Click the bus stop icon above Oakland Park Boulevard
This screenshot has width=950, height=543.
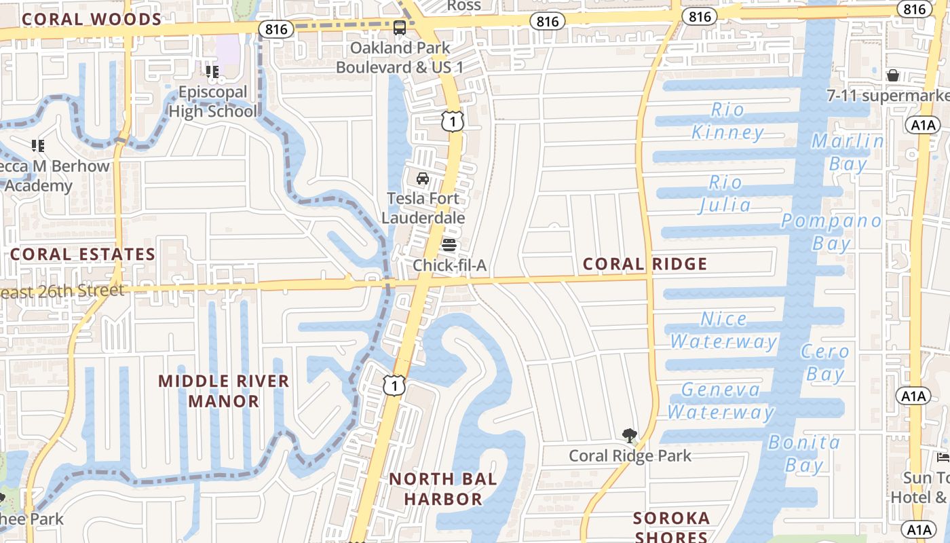coord(400,28)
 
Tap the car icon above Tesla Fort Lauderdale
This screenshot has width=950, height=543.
coord(422,179)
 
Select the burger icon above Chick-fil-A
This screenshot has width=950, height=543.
coord(449,245)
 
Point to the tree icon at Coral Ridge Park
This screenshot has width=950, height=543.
coord(630,435)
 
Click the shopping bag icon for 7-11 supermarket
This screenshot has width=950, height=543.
coord(893,75)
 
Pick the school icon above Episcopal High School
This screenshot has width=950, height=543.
coord(212,71)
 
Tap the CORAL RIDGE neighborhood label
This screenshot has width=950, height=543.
coord(645,264)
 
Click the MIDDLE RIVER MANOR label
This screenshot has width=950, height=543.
coord(224,391)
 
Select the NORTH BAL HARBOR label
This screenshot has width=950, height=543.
coord(442,489)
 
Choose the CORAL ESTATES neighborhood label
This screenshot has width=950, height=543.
coord(83,255)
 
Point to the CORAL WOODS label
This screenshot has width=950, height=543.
coord(91,19)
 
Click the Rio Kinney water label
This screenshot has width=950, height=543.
coord(727,121)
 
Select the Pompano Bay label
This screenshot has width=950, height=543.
coord(831,232)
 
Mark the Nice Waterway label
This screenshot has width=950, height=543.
coord(723,330)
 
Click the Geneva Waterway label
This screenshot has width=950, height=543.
coord(721,400)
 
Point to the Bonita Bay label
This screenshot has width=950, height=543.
coord(804,453)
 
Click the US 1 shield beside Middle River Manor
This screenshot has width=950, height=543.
coord(395,385)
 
